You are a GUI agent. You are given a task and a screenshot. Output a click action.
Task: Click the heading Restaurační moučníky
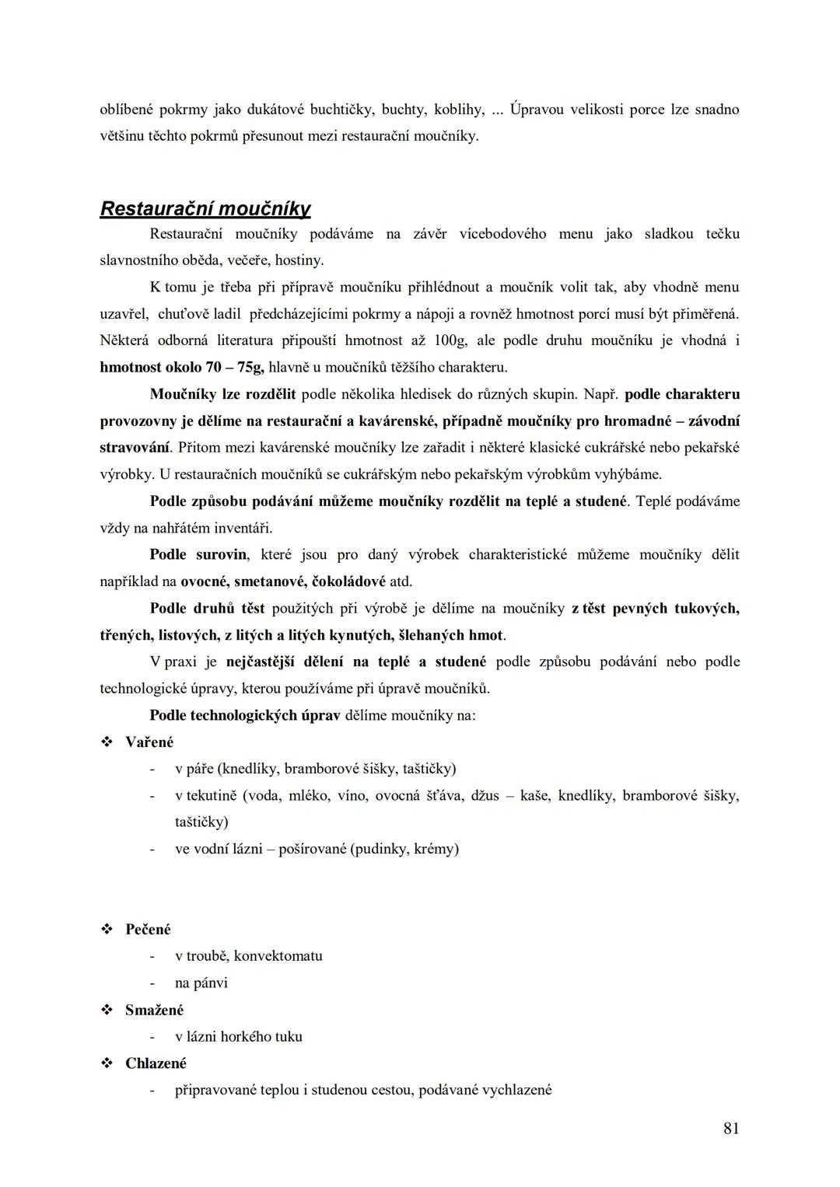coord(205,209)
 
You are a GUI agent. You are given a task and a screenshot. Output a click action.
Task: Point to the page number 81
coord(730,1129)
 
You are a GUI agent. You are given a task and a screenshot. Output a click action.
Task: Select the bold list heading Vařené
coord(149,742)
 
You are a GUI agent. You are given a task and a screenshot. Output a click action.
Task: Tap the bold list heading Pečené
coord(148,930)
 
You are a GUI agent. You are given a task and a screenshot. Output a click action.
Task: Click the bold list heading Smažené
coord(154,1010)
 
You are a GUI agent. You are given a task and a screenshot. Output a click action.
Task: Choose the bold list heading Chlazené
coord(156,1063)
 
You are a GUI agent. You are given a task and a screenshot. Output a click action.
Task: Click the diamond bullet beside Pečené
coord(107,930)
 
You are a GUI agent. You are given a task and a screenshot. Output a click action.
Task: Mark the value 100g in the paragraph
coord(450,340)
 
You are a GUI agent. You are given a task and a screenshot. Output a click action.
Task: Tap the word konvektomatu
coord(278,956)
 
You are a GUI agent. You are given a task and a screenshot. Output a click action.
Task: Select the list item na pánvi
coord(201,983)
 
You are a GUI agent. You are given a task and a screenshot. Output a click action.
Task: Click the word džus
coord(485,795)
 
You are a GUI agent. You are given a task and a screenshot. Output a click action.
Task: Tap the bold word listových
coord(188,635)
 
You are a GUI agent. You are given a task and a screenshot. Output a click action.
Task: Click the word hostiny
coord(299,260)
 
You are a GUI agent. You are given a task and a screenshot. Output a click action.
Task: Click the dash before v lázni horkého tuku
coord(152,1037)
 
